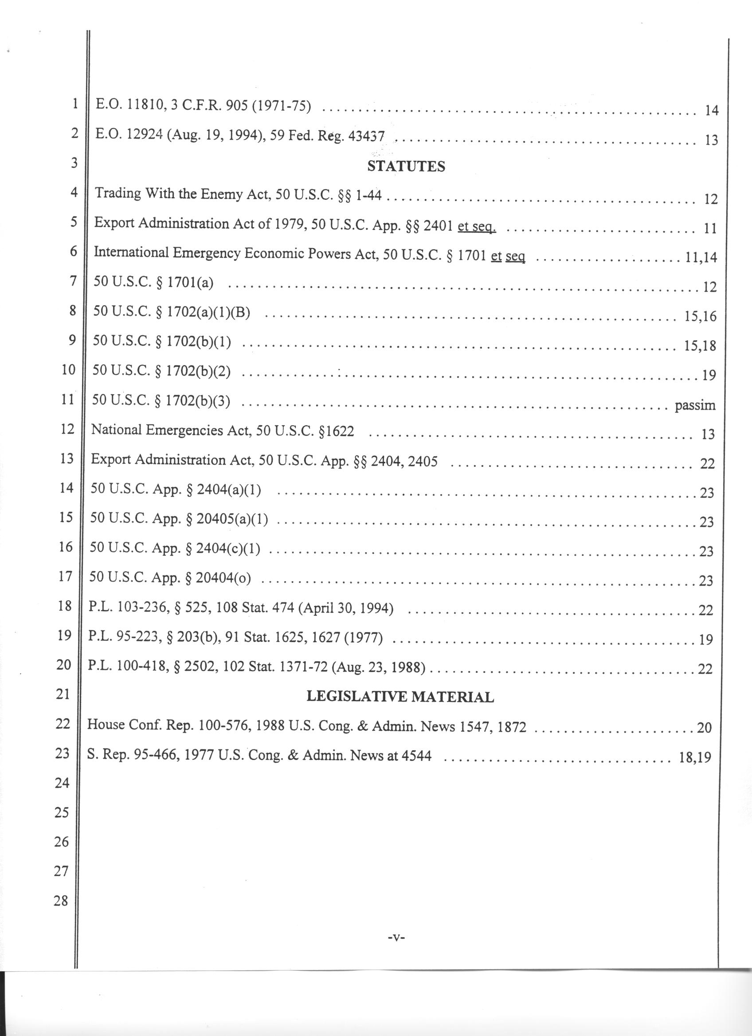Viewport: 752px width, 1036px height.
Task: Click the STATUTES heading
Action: pos(406,166)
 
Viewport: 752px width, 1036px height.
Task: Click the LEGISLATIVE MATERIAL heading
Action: pos(400,697)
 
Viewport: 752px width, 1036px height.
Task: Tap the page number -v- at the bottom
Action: pos(396,938)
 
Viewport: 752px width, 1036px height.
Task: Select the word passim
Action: pos(695,405)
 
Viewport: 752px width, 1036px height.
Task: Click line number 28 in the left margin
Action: pos(61,900)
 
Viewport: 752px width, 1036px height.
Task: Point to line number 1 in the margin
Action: pos(75,104)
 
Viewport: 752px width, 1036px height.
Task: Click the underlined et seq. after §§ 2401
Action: pos(477,225)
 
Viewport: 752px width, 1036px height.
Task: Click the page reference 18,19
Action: pos(695,757)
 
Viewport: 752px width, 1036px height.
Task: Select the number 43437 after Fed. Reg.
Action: pos(366,136)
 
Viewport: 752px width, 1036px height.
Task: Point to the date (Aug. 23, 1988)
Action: pos(379,668)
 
